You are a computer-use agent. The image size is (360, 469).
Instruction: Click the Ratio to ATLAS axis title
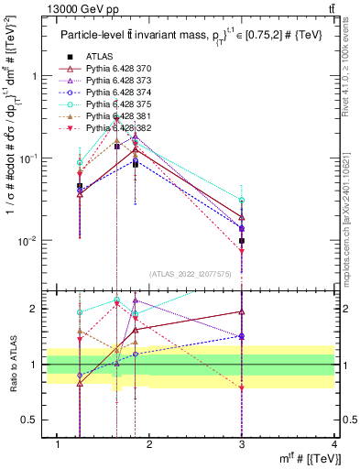(12, 365)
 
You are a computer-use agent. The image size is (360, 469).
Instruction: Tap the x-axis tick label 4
(334, 444)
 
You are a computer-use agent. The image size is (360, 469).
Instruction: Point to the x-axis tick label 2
(150, 444)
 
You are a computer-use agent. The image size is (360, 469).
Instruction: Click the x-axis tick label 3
(242, 444)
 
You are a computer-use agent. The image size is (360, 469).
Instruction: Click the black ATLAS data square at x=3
(242, 241)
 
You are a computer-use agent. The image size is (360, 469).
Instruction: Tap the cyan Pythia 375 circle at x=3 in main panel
(242, 200)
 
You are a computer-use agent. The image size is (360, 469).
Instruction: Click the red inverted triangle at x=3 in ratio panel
(242, 387)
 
